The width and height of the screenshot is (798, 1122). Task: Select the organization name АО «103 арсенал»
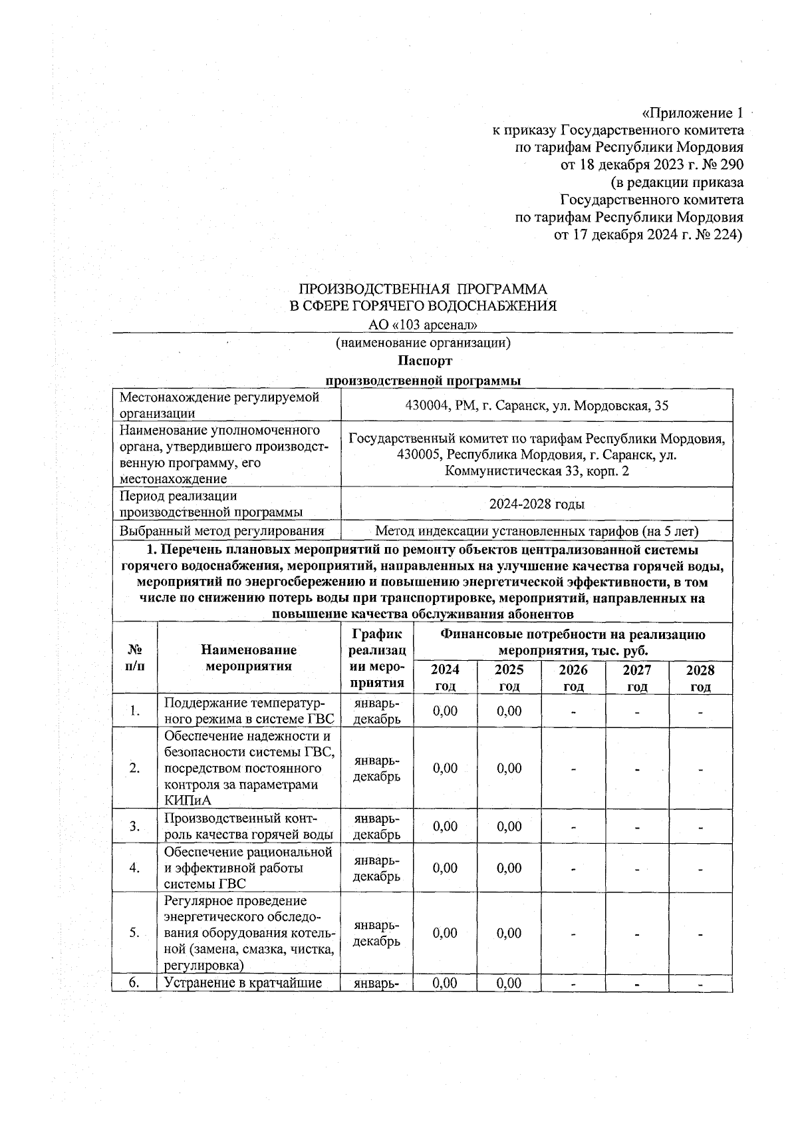pyautogui.click(x=424, y=325)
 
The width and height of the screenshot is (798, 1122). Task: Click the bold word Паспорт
pyautogui.click(x=424, y=361)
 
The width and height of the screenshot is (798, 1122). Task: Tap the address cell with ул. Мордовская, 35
pyautogui.click(x=537, y=405)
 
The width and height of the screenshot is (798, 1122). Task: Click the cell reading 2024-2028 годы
pyautogui.click(x=537, y=504)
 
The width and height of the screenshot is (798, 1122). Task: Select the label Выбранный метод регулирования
pyautogui.click(x=222, y=531)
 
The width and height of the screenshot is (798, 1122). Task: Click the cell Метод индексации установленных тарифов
pyautogui.click(x=537, y=531)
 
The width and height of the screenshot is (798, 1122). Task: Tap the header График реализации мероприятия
pyautogui.click(x=377, y=658)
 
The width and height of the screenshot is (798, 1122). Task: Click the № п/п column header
pyautogui.click(x=134, y=657)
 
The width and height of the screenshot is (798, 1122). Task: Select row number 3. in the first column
pyautogui.click(x=134, y=827)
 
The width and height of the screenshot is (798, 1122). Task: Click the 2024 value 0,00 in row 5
pyautogui.click(x=445, y=933)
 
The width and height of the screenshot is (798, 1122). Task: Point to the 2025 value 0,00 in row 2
pyautogui.click(x=509, y=768)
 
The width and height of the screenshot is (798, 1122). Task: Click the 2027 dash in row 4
pyautogui.click(x=636, y=868)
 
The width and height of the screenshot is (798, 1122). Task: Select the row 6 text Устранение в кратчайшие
pyautogui.click(x=243, y=983)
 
